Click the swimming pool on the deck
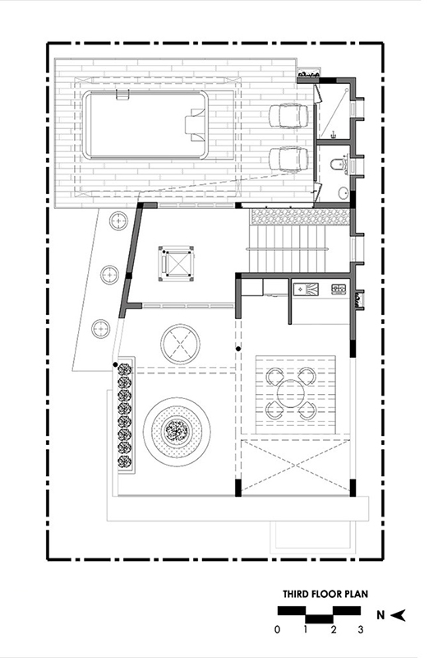(x=145, y=125)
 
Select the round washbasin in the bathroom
(x=343, y=192)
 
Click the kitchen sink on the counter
(x=306, y=289)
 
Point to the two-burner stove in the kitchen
(x=339, y=289)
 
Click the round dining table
(x=293, y=394)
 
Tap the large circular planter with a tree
(x=177, y=431)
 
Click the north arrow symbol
(x=399, y=615)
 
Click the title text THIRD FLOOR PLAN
(x=325, y=594)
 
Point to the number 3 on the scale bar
(x=360, y=629)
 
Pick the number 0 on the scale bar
(x=277, y=629)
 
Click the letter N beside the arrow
(x=380, y=615)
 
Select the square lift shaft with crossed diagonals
(x=177, y=263)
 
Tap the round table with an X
(x=180, y=344)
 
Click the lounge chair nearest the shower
(x=288, y=115)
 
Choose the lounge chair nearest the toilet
(x=288, y=159)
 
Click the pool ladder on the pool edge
(x=121, y=95)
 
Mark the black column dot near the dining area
(x=238, y=349)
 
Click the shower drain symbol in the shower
(x=334, y=135)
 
